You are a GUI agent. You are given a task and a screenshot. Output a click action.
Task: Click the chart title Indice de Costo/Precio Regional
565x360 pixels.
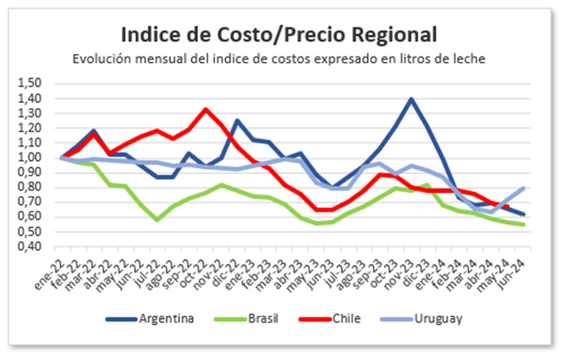pos(279,35)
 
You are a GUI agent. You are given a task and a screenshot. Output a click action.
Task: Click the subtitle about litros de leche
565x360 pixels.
pos(279,59)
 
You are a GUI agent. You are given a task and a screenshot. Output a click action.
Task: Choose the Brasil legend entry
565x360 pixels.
pos(246,319)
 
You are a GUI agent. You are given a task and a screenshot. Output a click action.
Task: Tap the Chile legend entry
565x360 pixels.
pos(330,319)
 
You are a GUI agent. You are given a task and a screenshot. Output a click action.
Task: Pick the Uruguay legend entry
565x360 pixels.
pos(421,319)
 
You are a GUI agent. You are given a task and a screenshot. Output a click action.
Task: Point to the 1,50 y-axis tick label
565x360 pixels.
pos(30,84)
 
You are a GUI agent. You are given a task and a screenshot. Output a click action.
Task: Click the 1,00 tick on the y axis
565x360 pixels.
pos(30,158)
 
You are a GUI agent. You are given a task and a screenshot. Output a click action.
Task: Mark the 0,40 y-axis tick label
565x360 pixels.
pos(30,247)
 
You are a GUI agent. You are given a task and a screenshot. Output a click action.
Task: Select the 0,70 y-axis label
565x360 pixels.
pos(30,202)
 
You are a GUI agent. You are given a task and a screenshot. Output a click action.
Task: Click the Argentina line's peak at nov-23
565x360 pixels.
pos(412,99)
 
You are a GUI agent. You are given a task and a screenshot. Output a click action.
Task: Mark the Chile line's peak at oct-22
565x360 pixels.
pos(205,109)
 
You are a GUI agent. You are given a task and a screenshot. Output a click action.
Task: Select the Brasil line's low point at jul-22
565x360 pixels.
pos(157,219)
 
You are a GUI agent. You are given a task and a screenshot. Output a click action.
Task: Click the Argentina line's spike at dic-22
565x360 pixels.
pos(237,120)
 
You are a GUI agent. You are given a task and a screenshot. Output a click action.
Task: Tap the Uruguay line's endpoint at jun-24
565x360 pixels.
pos(522,188)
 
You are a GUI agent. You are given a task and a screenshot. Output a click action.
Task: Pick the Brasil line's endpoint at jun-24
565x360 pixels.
pos(522,225)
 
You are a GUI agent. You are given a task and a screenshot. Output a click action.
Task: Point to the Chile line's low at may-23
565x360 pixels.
pos(316,209)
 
